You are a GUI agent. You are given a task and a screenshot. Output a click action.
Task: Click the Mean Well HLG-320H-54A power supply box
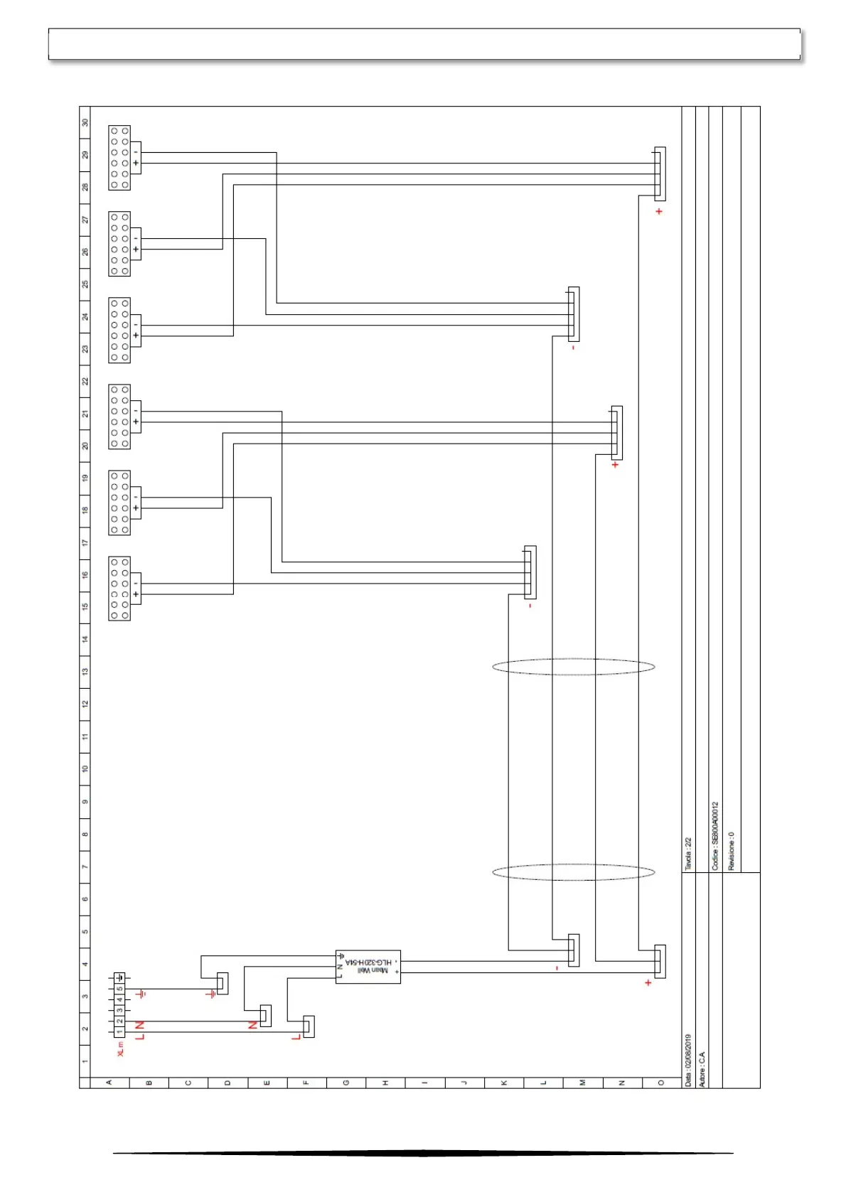pyautogui.click(x=368, y=967)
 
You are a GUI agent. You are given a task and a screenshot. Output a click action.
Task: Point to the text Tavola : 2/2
pyautogui.click(x=687, y=854)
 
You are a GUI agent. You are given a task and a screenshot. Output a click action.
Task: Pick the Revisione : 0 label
pyautogui.click(x=732, y=851)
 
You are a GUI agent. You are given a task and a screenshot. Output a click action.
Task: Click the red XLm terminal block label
pyautogui.click(x=120, y=1049)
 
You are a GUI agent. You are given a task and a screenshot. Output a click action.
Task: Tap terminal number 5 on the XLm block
pyautogui.click(x=119, y=989)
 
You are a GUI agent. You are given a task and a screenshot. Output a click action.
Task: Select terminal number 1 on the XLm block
pyautogui.click(x=119, y=1031)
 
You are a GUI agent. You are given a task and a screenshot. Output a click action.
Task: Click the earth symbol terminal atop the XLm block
pyautogui.click(x=119, y=978)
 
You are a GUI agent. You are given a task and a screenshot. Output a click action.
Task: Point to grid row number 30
pyautogui.click(x=85, y=122)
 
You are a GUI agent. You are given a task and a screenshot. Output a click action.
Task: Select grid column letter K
pyautogui.click(x=504, y=1083)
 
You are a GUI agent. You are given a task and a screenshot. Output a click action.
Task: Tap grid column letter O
pyautogui.click(x=661, y=1083)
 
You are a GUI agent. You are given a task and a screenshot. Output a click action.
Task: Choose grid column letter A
pyautogui.click(x=109, y=1083)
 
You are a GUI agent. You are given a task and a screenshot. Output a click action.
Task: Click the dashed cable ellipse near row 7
pyautogui.click(x=573, y=872)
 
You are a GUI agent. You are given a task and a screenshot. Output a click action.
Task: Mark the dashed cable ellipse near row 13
pyautogui.click(x=573, y=667)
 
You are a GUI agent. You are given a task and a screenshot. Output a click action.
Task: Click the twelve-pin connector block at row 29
pyautogui.click(x=119, y=158)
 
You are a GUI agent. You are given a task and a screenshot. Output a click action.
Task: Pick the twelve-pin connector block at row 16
pyautogui.click(x=119, y=589)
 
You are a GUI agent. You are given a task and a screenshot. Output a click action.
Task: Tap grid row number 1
pyautogui.click(x=85, y=1061)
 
